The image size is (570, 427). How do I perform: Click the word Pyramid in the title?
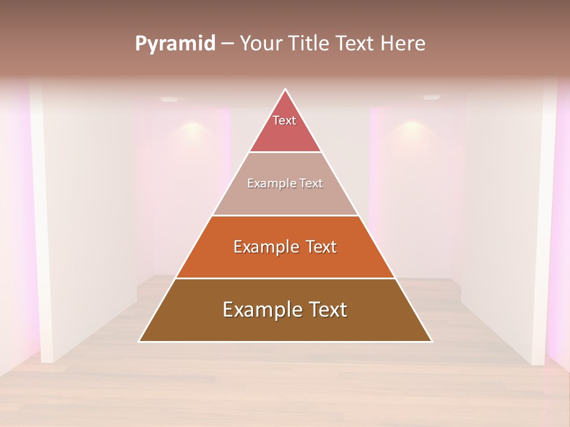point(175,44)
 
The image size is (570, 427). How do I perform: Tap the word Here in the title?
point(402,44)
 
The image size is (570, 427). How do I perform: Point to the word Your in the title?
point(261,44)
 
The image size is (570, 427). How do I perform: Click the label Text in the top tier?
point(284,120)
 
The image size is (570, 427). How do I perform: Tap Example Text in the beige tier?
point(285,183)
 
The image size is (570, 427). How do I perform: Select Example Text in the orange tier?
point(285,247)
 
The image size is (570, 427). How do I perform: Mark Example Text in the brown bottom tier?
point(285,310)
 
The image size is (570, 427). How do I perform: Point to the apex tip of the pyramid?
point(286,90)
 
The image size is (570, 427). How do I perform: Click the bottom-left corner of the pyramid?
point(140,341)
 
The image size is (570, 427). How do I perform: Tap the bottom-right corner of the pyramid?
point(431,341)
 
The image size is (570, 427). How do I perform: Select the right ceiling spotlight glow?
point(411,126)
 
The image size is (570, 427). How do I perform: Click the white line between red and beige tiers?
point(286,152)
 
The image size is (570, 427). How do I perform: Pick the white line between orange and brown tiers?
point(286,278)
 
